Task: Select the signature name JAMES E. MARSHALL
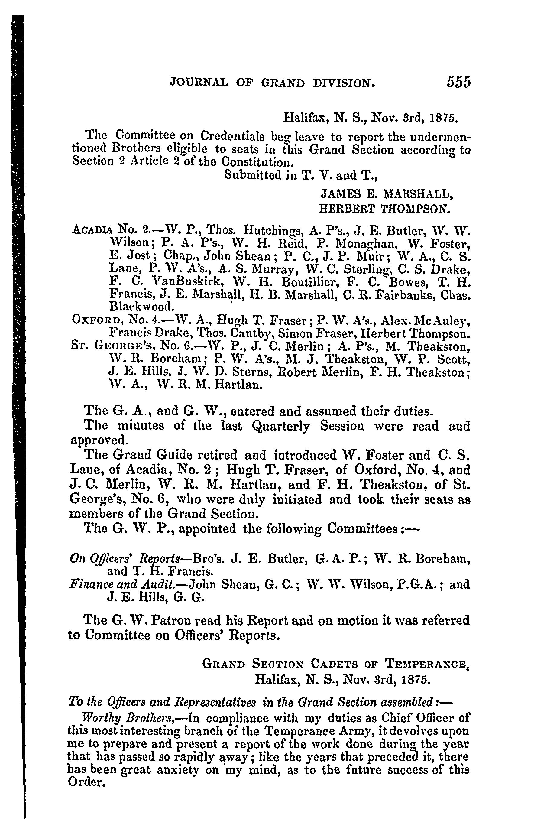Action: click(x=387, y=194)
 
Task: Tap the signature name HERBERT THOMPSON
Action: click(x=384, y=209)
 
